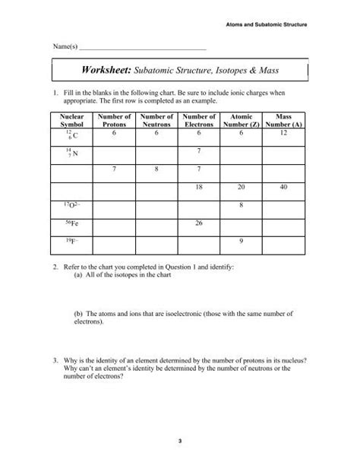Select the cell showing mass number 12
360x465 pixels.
(x=284, y=132)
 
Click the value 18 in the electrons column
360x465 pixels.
(x=199, y=187)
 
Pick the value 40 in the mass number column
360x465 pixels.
(x=284, y=187)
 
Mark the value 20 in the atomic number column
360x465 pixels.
(x=242, y=187)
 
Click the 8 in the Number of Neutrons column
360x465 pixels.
(x=156, y=169)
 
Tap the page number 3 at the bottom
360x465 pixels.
(x=180, y=441)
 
